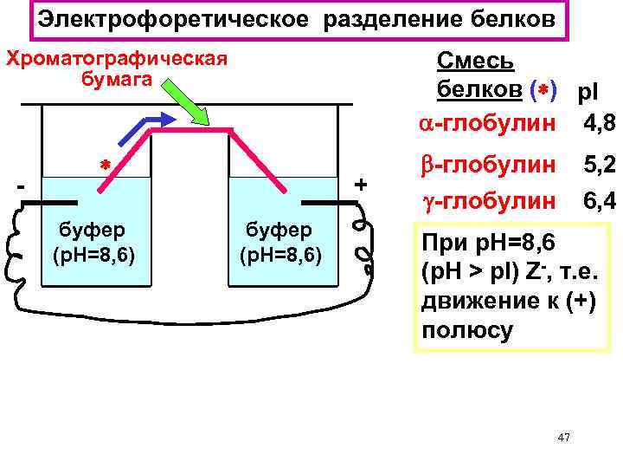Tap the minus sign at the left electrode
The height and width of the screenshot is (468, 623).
[21, 185]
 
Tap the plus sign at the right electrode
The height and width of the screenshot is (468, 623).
[361, 185]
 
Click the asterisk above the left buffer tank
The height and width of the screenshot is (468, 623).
[101, 164]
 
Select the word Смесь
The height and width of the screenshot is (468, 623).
[475, 61]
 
